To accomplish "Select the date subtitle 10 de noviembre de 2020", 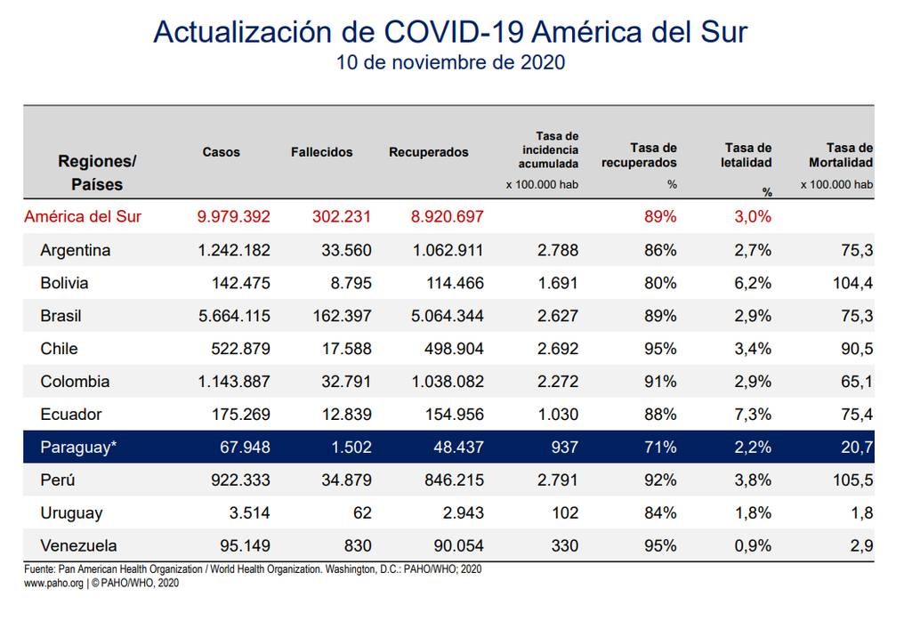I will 450,64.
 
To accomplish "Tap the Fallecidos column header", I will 321,152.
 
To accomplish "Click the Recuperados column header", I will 428,152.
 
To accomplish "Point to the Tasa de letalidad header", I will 747,155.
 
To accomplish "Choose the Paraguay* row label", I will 78,447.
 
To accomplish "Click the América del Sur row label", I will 83,216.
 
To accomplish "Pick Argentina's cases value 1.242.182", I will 234,250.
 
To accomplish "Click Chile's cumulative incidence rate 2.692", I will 559,349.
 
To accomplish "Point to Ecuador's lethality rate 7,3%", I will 752,414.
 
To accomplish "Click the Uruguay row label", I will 71,512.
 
